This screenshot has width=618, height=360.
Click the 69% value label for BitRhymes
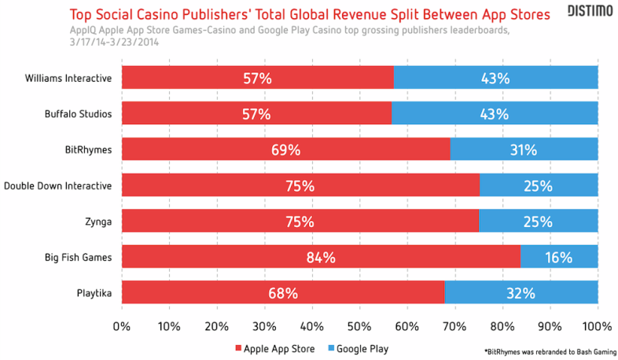285,149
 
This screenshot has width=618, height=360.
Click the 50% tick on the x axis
359,325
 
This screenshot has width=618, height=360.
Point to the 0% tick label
122,325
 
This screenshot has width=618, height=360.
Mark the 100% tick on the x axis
597,325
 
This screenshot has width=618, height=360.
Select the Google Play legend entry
358,348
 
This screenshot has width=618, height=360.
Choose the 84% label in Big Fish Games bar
322,257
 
